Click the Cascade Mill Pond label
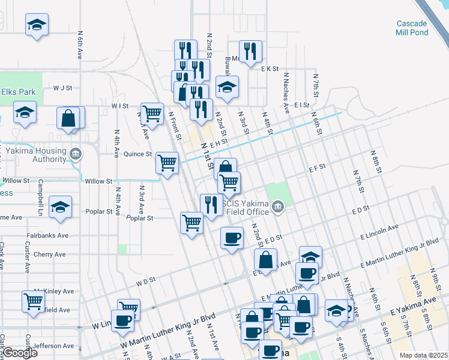click(415, 28)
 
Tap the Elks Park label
click(17, 92)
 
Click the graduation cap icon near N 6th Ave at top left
click(37, 25)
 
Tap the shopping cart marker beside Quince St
click(167, 161)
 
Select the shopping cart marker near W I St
click(152, 112)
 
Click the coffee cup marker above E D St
click(232, 238)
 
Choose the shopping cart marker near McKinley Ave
click(33, 301)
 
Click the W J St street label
click(62, 88)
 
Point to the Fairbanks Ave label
click(47, 236)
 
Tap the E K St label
click(270, 69)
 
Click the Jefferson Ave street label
click(54, 346)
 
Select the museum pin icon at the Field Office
click(277, 208)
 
